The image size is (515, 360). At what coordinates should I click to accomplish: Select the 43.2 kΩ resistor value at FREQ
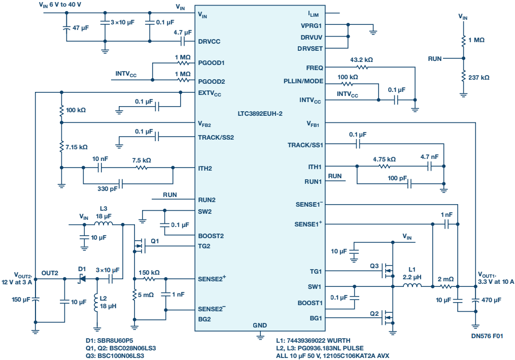point(361,59)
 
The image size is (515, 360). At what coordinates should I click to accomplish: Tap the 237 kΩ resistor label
point(478,78)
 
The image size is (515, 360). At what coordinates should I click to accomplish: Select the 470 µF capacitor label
point(491,301)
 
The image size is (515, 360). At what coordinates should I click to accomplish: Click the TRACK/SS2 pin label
point(216,137)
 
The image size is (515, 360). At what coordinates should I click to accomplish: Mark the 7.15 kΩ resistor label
point(77,147)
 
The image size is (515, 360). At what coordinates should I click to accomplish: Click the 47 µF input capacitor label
point(80,28)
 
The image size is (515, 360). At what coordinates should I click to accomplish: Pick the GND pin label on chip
point(260,324)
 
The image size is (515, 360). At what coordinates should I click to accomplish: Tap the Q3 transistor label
point(374,266)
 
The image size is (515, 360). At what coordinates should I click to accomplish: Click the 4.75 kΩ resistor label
point(384,159)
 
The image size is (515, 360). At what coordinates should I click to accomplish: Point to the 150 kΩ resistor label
point(149,272)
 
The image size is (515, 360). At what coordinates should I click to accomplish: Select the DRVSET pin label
point(310,49)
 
